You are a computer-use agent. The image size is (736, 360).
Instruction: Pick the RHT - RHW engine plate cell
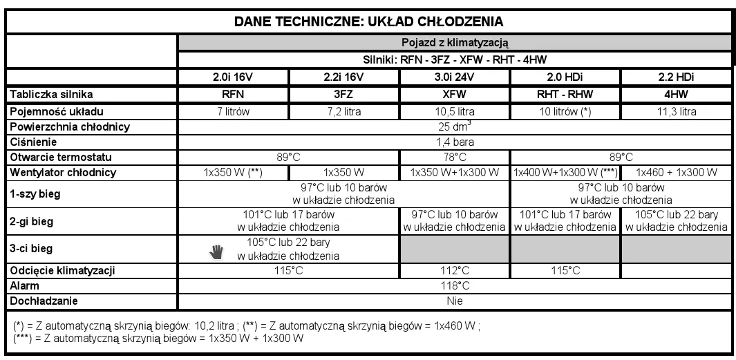[x=565, y=95]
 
